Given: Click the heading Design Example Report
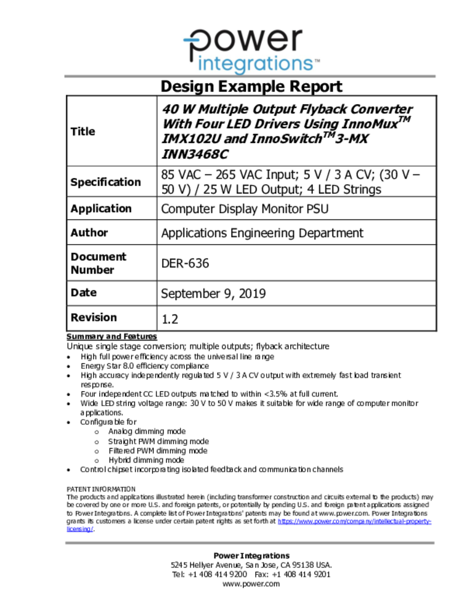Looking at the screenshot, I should coord(252,86).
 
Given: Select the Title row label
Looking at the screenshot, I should coord(83,131).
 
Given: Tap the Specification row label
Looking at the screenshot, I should coord(106,182).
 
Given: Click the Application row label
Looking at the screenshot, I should coord(101,209).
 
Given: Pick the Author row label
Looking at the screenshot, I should coord(89,233).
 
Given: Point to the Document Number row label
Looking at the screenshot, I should coord(98,263).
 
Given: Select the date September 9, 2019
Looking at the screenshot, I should coord(213,294).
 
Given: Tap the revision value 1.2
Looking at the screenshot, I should coord(170,318).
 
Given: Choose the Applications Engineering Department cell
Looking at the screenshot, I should coord(262,233).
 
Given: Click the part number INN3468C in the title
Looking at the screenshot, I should coord(195,154).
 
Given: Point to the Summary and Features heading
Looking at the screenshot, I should coord(112,337).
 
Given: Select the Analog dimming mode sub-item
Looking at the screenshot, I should coord(147,431).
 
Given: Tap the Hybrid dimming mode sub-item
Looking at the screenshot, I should coord(146,460).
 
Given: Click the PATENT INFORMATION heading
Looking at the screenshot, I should coord(101,489).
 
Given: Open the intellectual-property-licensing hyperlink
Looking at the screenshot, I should coord(354,522).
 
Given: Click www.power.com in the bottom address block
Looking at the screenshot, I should coord(251,584).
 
